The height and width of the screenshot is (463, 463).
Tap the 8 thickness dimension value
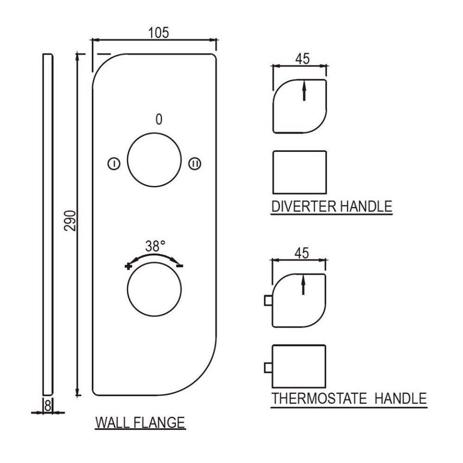(x=48, y=405)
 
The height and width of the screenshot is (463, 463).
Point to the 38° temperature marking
(x=155, y=246)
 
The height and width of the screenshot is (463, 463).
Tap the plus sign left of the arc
(x=128, y=266)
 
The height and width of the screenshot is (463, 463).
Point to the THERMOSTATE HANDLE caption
(x=349, y=399)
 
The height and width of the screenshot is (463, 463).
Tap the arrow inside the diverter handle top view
(x=304, y=90)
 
